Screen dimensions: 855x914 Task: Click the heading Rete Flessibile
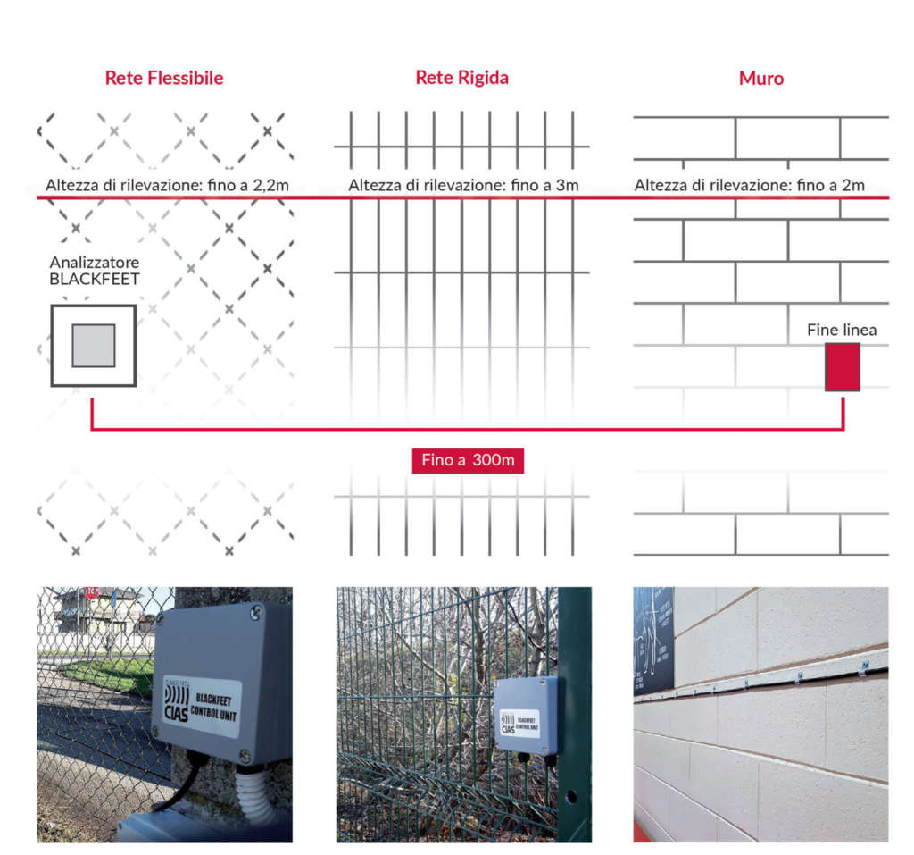point(164,78)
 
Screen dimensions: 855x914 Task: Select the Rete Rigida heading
point(461,78)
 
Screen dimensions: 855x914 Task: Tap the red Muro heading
point(760,79)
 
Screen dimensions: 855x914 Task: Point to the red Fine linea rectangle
point(842,366)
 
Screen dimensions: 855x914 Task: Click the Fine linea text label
point(842,330)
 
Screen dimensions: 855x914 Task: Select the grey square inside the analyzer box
point(93,346)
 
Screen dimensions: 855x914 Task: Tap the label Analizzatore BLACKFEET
point(94,271)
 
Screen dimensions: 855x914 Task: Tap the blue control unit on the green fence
point(527,715)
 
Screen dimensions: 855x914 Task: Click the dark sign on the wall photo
point(652,639)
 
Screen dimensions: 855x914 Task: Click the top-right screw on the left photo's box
point(257,612)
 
